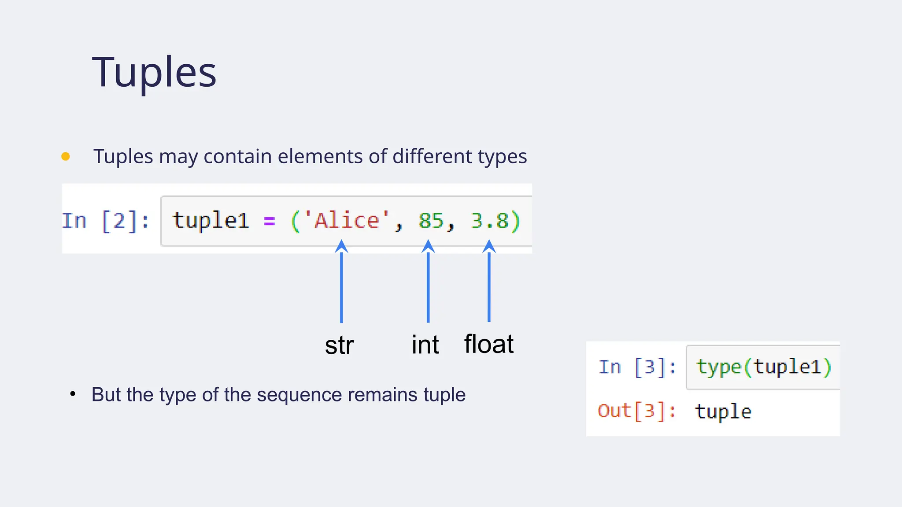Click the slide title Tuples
[x=154, y=72]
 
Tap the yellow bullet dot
[x=66, y=156]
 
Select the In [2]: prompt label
[x=105, y=221]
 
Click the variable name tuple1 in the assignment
[x=211, y=220]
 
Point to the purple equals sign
[x=269, y=221]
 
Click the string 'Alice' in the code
[x=347, y=220]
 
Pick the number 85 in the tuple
[x=431, y=220]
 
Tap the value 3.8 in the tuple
[x=489, y=220]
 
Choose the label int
[x=425, y=345]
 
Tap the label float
[x=489, y=344]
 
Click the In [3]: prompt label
[x=637, y=367]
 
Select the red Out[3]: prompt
[x=637, y=411]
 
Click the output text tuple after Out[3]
[x=723, y=411]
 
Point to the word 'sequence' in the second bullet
[x=299, y=394]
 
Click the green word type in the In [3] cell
[x=718, y=367]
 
